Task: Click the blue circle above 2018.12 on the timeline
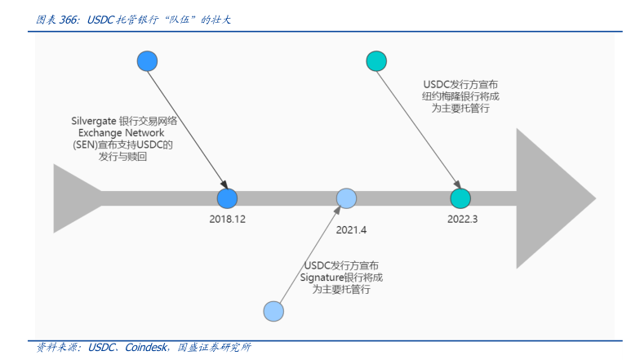pos(227,198)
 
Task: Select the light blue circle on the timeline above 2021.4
pos(347,198)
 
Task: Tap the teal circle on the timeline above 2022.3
pos(460,198)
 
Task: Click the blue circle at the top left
pos(147,61)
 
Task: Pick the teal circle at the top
pos(376,61)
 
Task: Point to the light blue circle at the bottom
pos(273,310)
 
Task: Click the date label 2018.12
pos(227,219)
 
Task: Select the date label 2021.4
pos(351,229)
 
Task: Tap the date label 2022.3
pos(463,219)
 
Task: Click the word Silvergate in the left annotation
pos(93,120)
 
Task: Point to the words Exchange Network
pos(121,132)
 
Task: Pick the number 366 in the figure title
pos(69,20)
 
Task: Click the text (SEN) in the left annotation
pos(85,144)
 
